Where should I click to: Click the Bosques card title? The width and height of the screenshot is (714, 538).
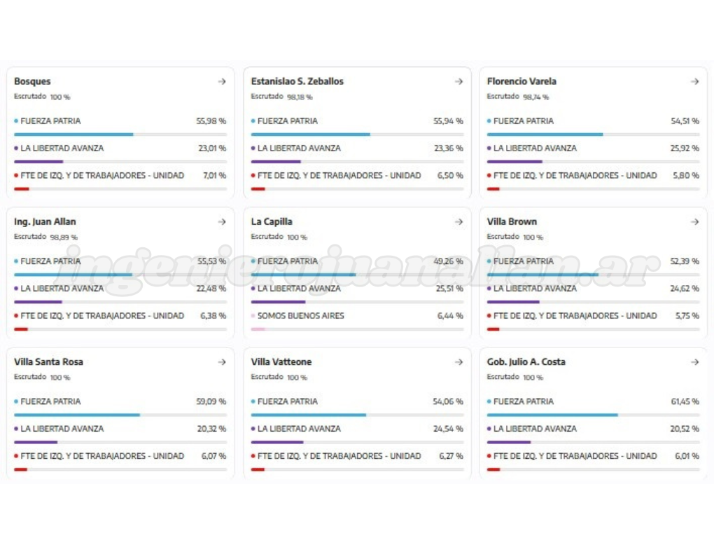tap(32, 81)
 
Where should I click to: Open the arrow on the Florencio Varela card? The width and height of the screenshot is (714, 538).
tap(694, 81)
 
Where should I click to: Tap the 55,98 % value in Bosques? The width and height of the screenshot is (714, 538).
tap(211, 121)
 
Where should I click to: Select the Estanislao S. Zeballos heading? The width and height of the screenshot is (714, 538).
tap(297, 81)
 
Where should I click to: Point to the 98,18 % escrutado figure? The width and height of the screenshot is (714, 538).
tap(300, 97)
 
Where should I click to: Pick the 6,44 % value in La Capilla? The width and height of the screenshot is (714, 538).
tap(450, 316)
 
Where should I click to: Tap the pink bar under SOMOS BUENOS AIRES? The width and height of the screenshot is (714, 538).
tap(258, 329)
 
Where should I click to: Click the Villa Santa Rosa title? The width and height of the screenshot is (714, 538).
tap(48, 362)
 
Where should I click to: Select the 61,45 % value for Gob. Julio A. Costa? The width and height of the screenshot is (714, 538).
tap(685, 401)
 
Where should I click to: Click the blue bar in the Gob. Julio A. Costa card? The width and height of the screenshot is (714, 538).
tap(552, 415)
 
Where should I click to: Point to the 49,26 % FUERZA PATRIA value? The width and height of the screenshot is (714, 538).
tap(449, 261)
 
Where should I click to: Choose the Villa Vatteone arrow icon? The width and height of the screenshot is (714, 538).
tap(458, 362)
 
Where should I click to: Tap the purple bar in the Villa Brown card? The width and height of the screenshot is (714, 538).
tap(513, 302)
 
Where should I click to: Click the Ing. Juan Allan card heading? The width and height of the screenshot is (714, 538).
tap(45, 222)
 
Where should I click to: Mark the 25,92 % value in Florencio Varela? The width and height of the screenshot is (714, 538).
tap(685, 149)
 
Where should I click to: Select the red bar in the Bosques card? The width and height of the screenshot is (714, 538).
tap(22, 188)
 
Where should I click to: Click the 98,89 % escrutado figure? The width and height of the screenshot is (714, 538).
tap(64, 237)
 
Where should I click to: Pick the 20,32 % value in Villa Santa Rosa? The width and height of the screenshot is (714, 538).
tap(211, 429)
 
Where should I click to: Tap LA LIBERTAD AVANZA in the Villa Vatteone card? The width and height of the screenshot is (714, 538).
tap(299, 429)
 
